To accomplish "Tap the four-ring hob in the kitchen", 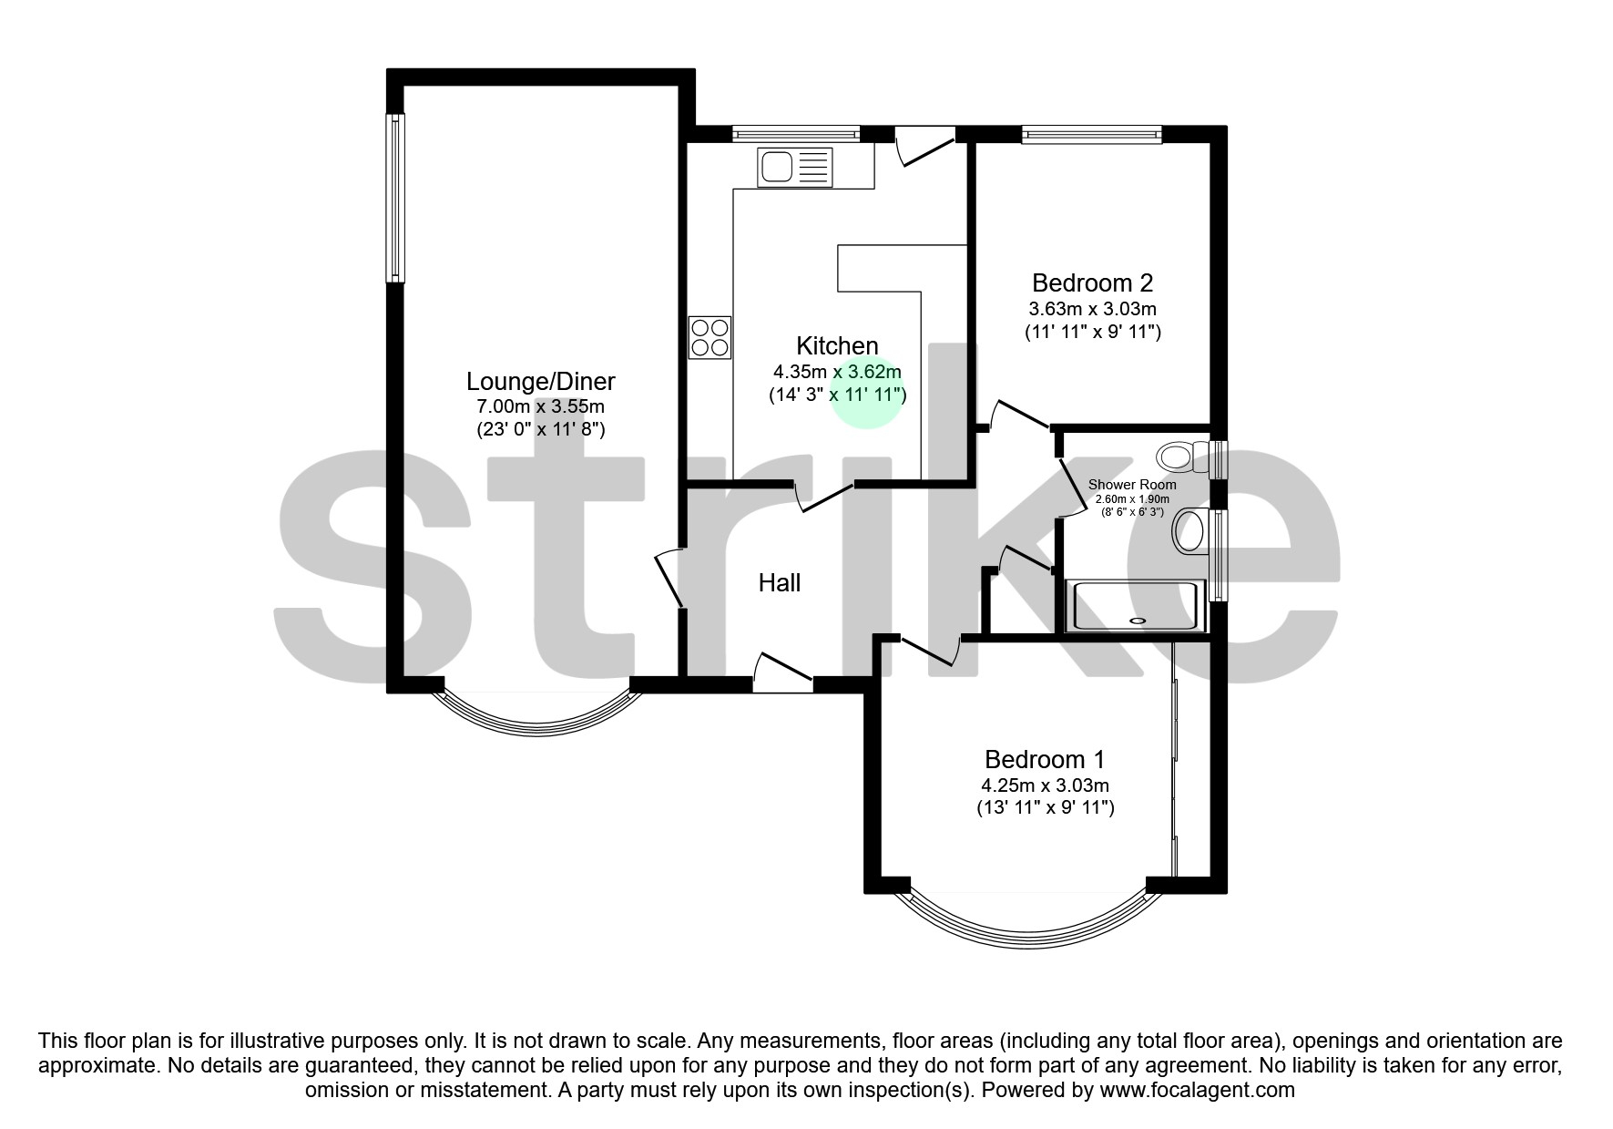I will pyautogui.click(x=710, y=337).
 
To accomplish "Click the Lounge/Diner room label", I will pyautogui.click(x=541, y=382).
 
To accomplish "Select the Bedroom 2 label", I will pyautogui.click(x=1092, y=282).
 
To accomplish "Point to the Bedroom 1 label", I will pyautogui.click(x=1045, y=759).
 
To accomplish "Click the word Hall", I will pyautogui.click(x=780, y=583).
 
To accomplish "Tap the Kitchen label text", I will pyautogui.click(x=837, y=346).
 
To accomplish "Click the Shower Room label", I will pyautogui.click(x=1132, y=485).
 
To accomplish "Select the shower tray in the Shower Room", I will pyautogui.click(x=1138, y=606).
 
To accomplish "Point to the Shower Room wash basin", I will pyautogui.click(x=1189, y=531).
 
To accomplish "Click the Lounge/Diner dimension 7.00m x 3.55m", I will pyautogui.click(x=541, y=406).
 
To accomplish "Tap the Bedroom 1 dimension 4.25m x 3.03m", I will pyautogui.click(x=1045, y=785).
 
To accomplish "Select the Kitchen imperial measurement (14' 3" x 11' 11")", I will pyautogui.click(x=837, y=395).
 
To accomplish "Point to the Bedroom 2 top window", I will pyautogui.click(x=1092, y=136).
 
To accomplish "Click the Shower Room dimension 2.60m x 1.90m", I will pyautogui.click(x=1132, y=499).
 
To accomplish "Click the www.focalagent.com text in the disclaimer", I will pyautogui.click(x=1197, y=1090).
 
